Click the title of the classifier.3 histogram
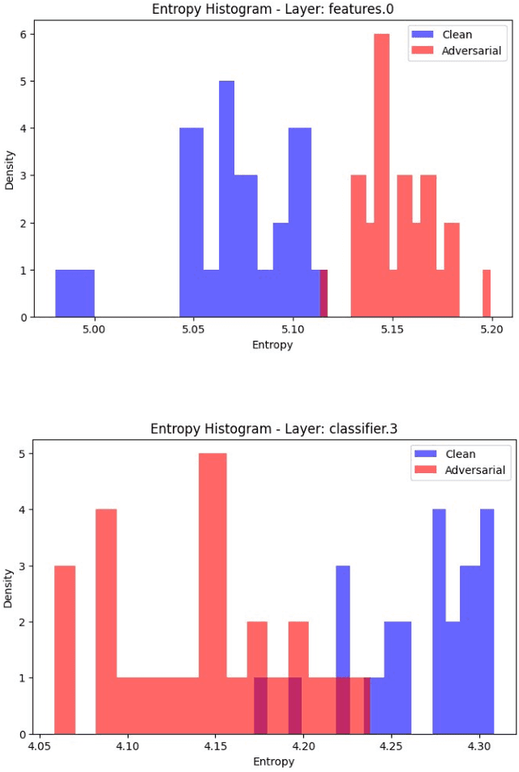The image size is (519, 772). [x=273, y=429]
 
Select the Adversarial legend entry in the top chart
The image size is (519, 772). [x=471, y=51]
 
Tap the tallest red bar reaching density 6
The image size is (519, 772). [x=382, y=175]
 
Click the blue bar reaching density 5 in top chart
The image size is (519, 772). [x=226, y=198]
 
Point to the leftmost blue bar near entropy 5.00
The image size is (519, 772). [x=75, y=293]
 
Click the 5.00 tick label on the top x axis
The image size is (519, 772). [x=94, y=330]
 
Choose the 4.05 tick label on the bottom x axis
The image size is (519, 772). [x=39, y=748]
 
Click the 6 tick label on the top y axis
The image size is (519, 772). [x=25, y=35]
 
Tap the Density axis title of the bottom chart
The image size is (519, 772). [x=10, y=589]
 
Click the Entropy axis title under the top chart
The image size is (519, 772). [x=272, y=344]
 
